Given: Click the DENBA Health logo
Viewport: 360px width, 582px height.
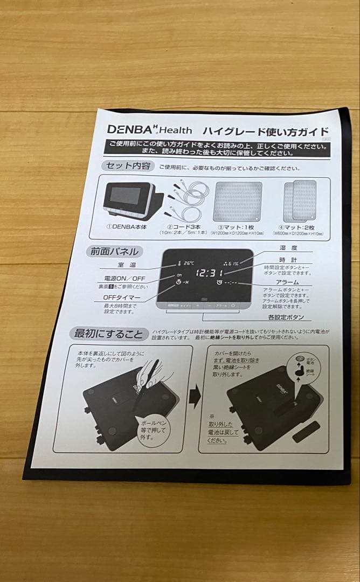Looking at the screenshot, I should tap(142, 129).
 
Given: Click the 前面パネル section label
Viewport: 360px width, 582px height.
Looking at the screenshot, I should tap(114, 251).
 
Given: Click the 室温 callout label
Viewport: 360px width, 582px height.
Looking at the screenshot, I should tap(128, 265).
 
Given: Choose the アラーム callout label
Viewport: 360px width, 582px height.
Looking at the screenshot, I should tap(286, 282).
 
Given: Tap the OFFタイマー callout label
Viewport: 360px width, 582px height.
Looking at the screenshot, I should tap(123, 297).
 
